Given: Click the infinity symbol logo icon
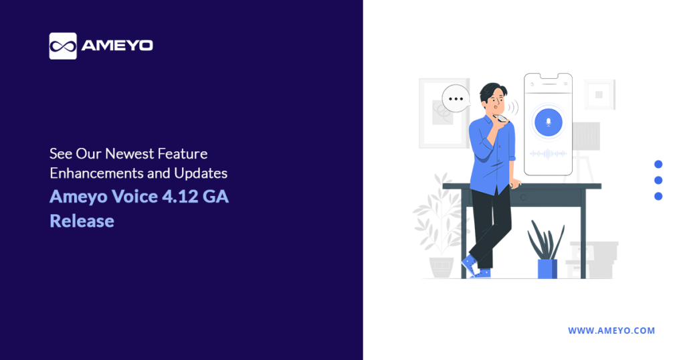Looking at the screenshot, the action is click(x=63, y=46).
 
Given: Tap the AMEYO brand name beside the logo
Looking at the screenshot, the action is click(x=117, y=46).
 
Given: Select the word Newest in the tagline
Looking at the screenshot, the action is click(x=129, y=153).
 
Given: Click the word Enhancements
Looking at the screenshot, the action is click(x=97, y=173).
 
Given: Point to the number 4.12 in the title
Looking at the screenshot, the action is click(x=180, y=197).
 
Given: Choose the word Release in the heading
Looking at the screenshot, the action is click(x=82, y=221).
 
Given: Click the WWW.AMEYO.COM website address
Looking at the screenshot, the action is click(x=611, y=331).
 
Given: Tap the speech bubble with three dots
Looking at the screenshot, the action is click(x=456, y=99).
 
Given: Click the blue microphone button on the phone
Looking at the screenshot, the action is click(x=549, y=122).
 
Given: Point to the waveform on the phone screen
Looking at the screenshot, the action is click(x=548, y=153).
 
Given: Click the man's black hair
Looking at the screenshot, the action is click(x=493, y=92).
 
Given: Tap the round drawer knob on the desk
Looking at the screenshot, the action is click(x=523, y=197).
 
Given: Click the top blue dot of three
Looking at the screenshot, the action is click(x=658, y=164).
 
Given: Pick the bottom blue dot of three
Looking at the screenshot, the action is click(x=658, y=196).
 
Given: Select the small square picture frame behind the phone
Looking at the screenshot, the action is click(x=599, y=94).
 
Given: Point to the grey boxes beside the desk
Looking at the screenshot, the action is click(x=592, y=260).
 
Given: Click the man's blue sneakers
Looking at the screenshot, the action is click(x=476, y=267).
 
